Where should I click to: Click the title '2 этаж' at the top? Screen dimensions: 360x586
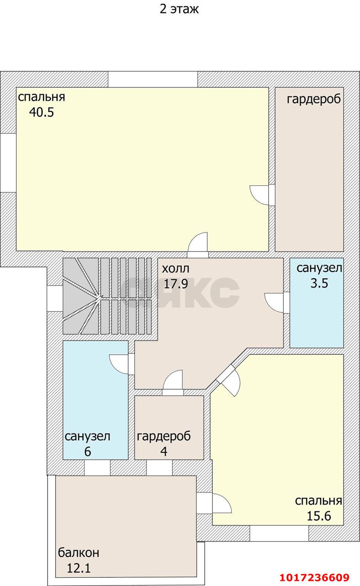tap(179, 9)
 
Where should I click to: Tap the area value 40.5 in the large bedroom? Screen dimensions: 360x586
tap(42, 112)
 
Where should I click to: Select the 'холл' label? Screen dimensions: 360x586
tap(176, 269)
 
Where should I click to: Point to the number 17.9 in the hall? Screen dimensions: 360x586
tap(176, 283)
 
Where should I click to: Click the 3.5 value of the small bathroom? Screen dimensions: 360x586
tap(319, 283)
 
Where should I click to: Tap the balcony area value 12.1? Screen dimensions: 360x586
tap(79, 568)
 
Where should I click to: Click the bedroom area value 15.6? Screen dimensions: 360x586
tap(319, 516)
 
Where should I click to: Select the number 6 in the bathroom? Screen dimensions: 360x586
tap(87, 451)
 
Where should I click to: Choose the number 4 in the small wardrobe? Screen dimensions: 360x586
tap(164, 451)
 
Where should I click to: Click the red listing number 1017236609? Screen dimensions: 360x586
tap(315, 577)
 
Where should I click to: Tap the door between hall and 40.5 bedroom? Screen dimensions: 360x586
tap(198, 245)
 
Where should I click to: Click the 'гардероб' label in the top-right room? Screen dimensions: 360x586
tap(314, 99)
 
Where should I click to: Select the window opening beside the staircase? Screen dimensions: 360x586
tap(54, 298)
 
